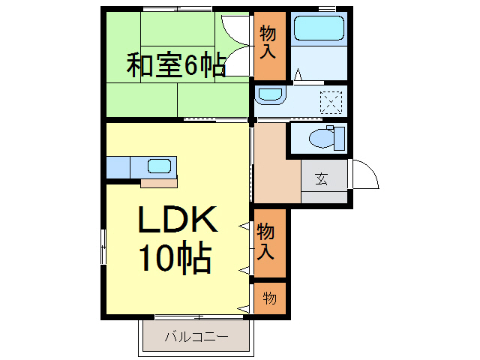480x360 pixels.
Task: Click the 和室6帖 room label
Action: tap(176, 66)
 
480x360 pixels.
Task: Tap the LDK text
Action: tap(176, 220)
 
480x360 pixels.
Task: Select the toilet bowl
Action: tap(320, 138)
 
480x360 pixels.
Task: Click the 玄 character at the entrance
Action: tap(322, 179)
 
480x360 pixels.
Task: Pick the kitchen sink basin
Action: tap(159, 166)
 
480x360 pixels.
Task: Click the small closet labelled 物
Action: tap(268, 298)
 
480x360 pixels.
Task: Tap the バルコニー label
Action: tap(196, 337)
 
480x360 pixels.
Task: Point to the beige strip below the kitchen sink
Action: tap(158, 181)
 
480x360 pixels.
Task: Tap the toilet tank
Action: tap(339, 139)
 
